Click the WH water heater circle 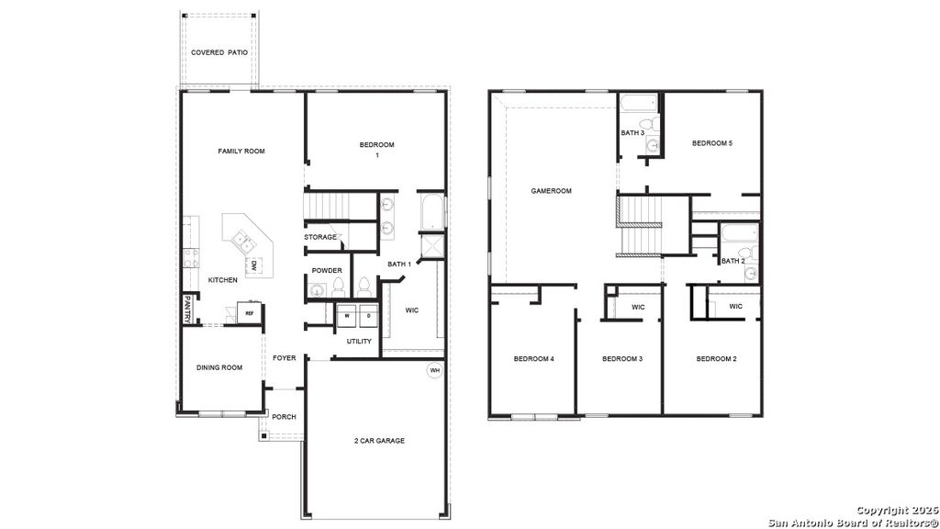[434, 371]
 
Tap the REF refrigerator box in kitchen [248, 313]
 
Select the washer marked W [348, 315]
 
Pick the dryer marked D [368, 315]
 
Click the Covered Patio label [219, 52]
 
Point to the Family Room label [241, 151]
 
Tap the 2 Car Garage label [380, 441]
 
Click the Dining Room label [219, 367]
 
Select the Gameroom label [552, 191]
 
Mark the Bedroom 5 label [712, 143]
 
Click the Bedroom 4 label [533, 358]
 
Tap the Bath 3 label [632, 133]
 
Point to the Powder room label [327, 270]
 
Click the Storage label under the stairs [320, 237]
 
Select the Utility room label [359, 342]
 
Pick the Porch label [284, 417]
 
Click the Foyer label [285, 358]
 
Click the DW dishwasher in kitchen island [254, 265]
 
